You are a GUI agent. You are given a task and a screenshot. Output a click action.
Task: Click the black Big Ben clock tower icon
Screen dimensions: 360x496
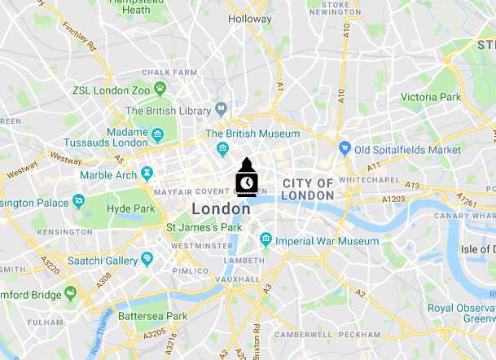point(246,178)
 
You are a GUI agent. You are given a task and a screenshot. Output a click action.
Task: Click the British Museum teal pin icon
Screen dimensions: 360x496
point(222,148)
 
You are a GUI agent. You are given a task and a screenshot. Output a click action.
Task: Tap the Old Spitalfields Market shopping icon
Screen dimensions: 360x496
point(345,149)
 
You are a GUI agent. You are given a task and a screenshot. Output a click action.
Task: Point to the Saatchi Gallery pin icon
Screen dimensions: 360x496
point(147,259)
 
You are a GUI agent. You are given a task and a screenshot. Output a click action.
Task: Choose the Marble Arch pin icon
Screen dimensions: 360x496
point(147,174)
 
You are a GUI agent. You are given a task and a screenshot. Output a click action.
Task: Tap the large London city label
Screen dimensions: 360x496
point(221,209)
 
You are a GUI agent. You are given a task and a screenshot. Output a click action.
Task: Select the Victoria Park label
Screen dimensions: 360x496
point(431,97)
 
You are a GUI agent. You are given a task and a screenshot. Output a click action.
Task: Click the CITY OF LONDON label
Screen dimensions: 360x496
point(307,190)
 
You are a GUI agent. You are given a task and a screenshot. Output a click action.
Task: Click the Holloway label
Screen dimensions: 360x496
point(249,18)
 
